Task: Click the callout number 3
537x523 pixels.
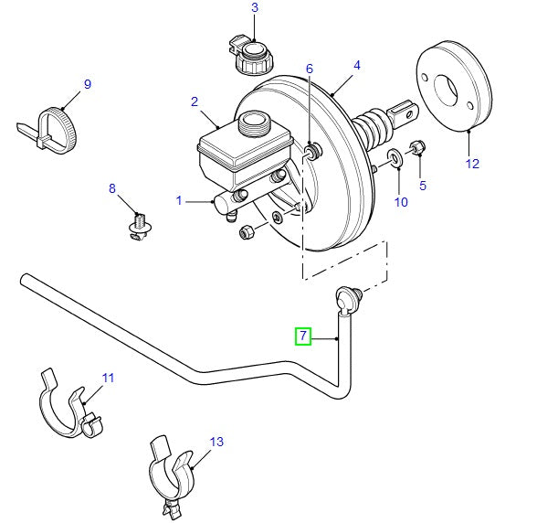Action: tap(255, 8)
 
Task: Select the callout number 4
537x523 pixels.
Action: tap(357, 66)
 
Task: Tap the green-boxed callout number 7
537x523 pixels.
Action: tap(302, 337)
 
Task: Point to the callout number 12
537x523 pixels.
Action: tap(471, 165)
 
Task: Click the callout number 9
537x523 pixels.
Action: tap(88, 85)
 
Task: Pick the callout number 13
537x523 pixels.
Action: tap(216, 443)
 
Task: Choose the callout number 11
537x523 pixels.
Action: tap(109, 377)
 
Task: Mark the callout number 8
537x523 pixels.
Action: tap(113, 189)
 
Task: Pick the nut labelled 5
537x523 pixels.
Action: tap(417, 146)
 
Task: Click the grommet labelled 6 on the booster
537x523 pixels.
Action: tap(313, 150)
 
